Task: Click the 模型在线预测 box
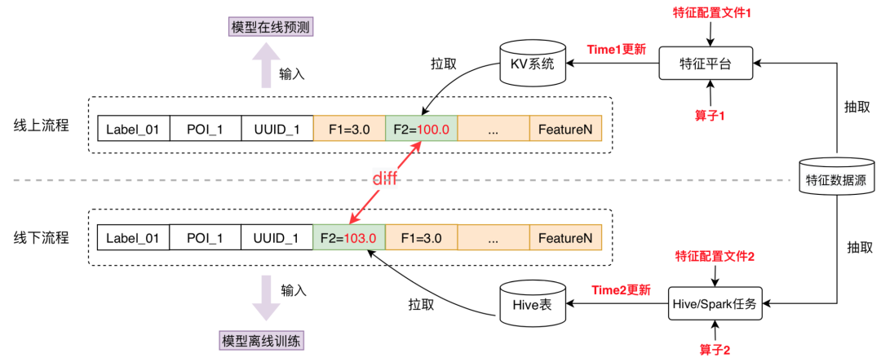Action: tap(272, 27)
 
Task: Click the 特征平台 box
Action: tap(706, 64)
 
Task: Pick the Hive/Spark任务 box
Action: tap(715, 304)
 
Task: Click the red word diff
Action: tap(385, 179)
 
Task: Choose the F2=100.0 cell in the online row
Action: tap(421, 128)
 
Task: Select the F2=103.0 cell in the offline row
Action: tap(348, 239)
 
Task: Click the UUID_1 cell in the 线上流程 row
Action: tap(277, 128)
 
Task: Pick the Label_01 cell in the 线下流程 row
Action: tap(134, 239)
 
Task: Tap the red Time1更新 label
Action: tap(616, 49)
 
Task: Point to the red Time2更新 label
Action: tap(621, 289)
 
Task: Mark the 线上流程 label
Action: tap(42, 126)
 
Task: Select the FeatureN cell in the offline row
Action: tap(564, 239)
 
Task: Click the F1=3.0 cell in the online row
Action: tap(349, 128)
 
